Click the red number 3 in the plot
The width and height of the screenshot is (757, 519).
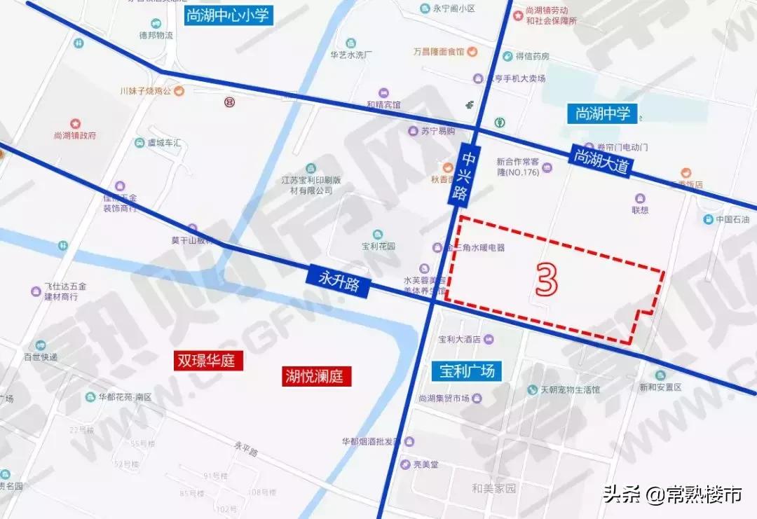click(x=547, y=279)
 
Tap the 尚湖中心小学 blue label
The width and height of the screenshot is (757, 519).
click(x=228, y=16)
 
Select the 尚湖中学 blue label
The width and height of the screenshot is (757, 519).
click(x=603, y=113)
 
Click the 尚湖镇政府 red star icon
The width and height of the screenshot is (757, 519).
click(x=75, y=124)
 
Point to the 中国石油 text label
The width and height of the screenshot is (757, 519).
click(x=732, y=220)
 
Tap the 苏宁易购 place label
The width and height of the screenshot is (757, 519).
click(x=438, y=131)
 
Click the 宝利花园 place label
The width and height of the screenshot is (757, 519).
click(x=378, y=246)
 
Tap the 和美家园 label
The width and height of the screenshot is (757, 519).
click(x=493, y=488)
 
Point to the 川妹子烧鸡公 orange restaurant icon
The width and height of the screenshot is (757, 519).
click(x=179, y=90)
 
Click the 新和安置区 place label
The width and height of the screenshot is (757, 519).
click(x=660, y=387)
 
